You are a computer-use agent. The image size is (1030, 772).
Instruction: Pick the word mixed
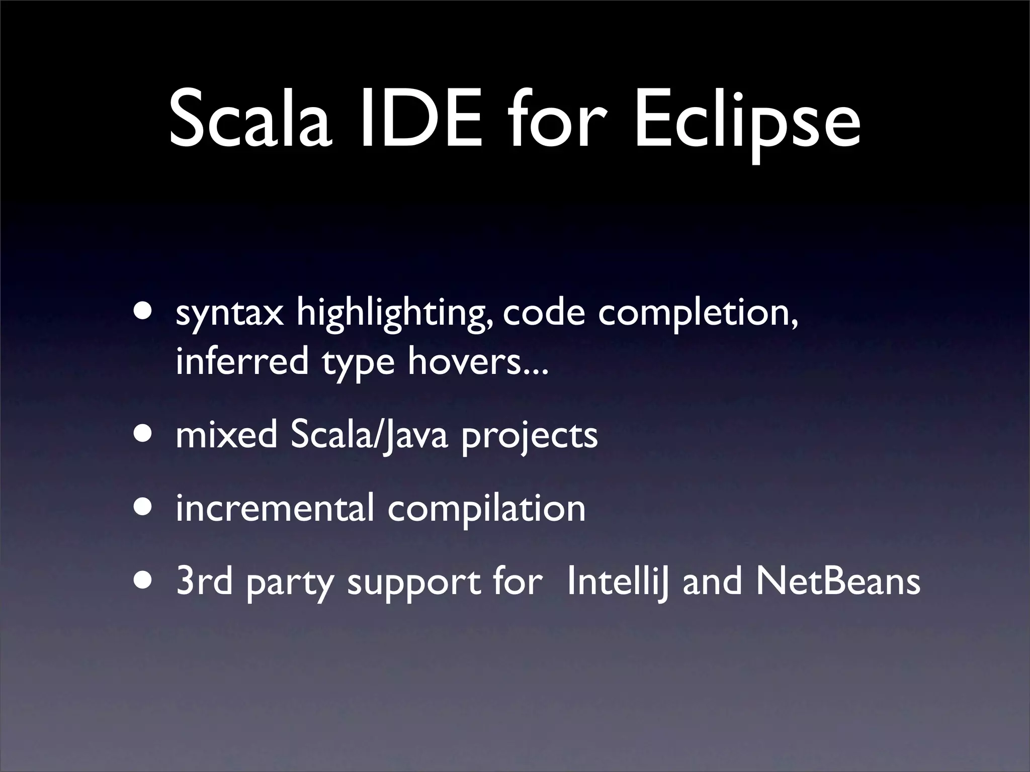tap(226, 435)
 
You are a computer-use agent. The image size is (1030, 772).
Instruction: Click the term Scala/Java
tap(369, 436)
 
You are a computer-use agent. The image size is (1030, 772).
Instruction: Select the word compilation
tap(486, 509)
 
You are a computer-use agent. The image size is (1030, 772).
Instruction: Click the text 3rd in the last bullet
tap(204, 582)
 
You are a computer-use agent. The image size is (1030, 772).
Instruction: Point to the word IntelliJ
tap(618, 582)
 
